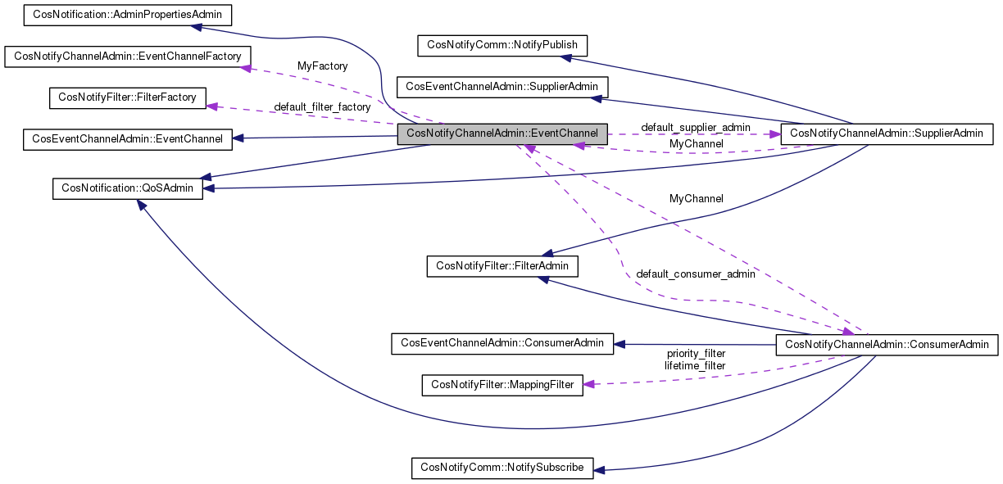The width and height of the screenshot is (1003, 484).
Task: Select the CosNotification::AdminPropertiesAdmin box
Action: pos(127,15)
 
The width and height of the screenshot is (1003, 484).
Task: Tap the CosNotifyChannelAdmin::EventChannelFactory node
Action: pos(128,57)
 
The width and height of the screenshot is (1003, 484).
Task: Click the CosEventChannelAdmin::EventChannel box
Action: pos(127,138)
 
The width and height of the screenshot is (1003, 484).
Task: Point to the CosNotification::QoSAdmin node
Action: pos(127,188)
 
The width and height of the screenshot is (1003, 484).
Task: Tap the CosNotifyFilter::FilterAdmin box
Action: pos(502,265)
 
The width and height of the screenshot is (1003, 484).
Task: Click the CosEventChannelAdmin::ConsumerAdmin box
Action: pos(502,344)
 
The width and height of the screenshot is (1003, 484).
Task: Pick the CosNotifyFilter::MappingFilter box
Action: pos(502,385)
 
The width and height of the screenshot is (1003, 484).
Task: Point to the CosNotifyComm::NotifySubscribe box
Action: pos(502,468)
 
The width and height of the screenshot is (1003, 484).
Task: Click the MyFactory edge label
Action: pos(322,66)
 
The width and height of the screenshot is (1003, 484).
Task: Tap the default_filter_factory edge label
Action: pos(322,106)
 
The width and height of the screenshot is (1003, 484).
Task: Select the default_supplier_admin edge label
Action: pos(695,127)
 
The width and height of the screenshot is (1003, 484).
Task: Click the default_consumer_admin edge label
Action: pos(695,274)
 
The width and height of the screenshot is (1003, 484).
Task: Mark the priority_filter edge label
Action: pos(695,354)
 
